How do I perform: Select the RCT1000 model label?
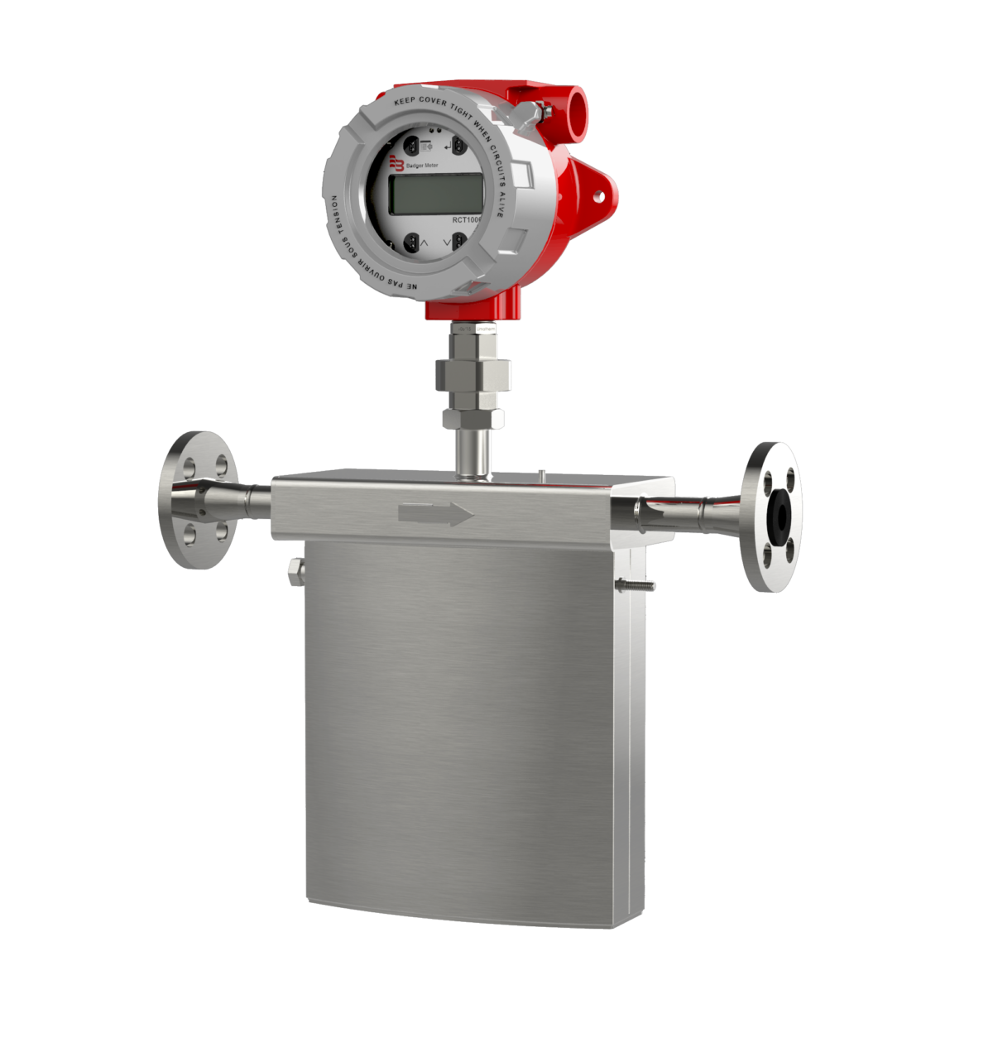point(466,219)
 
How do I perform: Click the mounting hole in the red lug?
point(598,195)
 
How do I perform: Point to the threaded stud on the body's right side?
point(636,586)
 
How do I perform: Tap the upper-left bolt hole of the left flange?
point(188,465)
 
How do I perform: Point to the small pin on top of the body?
point(540,474)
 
